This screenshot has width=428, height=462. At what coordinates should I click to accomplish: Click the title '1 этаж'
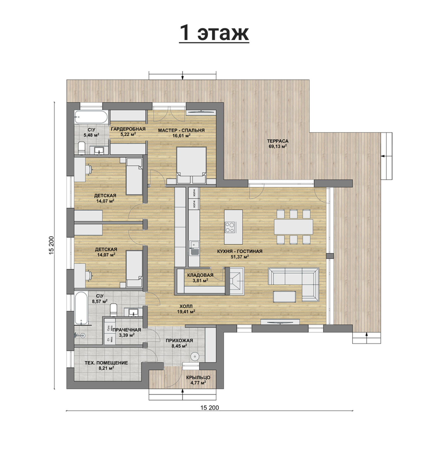click(214, 33)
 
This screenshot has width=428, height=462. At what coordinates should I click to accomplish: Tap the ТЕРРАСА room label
click(278, 141)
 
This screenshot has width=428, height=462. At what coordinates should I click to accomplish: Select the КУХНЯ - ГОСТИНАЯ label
click(240, 251)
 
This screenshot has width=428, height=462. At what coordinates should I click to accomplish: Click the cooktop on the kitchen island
click(230, 227)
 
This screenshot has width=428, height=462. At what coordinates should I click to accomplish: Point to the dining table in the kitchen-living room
click(293, 227)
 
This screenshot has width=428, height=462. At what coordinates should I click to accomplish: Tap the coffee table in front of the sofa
click(285, 297)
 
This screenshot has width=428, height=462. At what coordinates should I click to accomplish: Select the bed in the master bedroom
click(191, 165)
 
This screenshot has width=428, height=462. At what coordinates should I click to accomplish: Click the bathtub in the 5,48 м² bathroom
click(91, 117)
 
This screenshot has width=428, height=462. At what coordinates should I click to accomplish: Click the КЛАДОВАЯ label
click(200, 275)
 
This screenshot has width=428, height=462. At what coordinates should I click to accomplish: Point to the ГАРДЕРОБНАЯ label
click(128, 129)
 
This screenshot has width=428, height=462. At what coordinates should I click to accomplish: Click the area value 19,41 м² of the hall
click(186, 312)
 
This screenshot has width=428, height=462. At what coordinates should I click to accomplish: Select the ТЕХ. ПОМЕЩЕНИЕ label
click(106, 363)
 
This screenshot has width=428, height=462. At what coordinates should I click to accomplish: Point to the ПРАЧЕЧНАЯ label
click(127, 330)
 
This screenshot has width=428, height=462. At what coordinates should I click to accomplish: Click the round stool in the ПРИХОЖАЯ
click(195, 356)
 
